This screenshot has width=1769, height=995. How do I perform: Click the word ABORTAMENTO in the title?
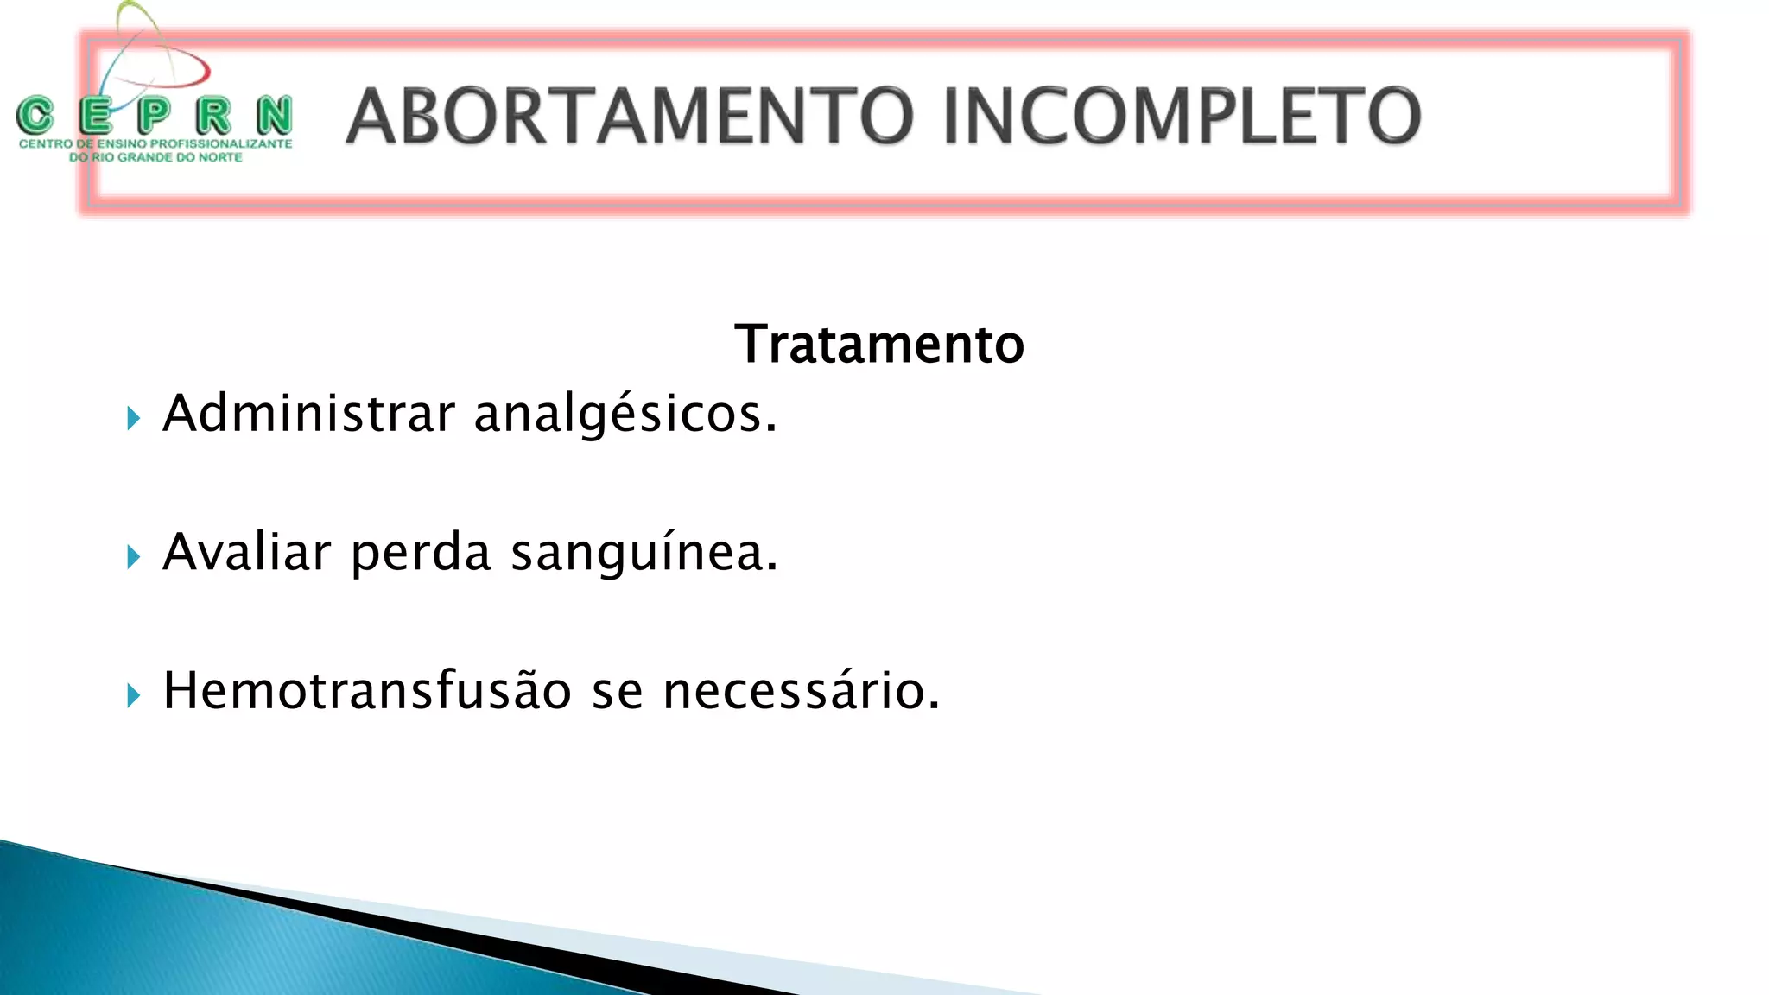pyautogui.click(x=629, y=117)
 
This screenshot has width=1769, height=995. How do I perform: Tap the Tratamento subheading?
pyautogui.click(x=878, y=344)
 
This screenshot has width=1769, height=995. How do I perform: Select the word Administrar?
pyautogui.click(x=308, y=414)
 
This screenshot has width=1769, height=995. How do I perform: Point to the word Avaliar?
pyautogui.click(x=247, y=552)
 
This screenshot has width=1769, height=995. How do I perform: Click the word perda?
pyautogui.click(x=421, y=554)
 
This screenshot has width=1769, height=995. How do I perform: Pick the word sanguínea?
pyautogui.click(x=644, y=554)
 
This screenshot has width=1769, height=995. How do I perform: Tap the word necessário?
pyautogui.click(x=801, y=692)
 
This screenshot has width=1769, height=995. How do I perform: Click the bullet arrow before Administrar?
pyautogui.click(x=133, y=419)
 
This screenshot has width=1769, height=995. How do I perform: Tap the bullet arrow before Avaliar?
pyautogui.click(x=133, y=557)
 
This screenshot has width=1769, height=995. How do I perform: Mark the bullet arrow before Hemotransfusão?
pyautogui.click(x=133, y=695)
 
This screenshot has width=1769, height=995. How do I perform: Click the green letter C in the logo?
pyautogui.click(x=35, y=115)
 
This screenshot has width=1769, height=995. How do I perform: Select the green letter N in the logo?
pyautogui.click(x=275, y=115)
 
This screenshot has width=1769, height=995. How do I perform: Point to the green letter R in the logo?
pyautogui.click(x=213, y=115)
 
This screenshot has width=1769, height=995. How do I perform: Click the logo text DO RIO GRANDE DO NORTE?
pyautogui.click(x=155, y=157)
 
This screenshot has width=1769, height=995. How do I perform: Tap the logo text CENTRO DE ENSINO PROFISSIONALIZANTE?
pyautogui.click(x=155, y=143)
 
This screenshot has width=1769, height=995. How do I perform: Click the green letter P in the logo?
pyautogui.click(x=154, y=115)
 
